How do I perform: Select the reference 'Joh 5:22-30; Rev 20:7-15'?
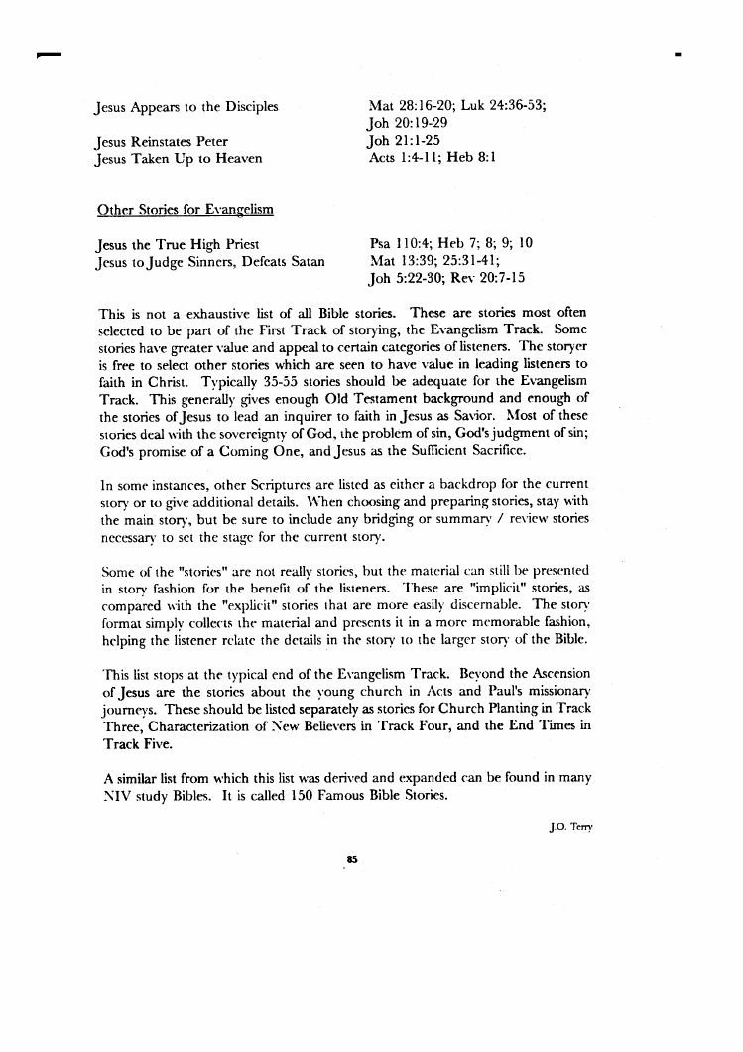click(445, 279)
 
